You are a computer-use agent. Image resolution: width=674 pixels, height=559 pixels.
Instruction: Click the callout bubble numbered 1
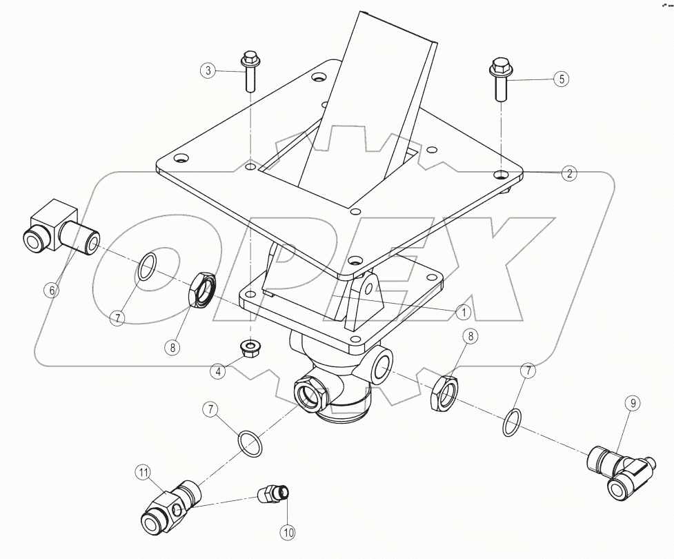point(464,312)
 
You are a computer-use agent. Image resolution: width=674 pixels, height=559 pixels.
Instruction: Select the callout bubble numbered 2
point(568,173)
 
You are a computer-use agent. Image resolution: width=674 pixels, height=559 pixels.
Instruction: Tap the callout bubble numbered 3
point(208,70)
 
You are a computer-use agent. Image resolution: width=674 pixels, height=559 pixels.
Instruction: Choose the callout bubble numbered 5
point(562,79)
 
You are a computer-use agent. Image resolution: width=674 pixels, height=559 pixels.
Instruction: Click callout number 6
point(51,290)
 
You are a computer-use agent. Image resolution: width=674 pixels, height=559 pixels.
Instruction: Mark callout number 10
point(286,531)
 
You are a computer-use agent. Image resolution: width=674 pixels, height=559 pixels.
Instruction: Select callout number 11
point(143,472)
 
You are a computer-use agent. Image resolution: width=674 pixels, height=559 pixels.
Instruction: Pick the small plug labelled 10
point(272,494)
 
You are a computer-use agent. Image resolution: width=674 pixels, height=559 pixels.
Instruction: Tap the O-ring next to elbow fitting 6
point(148,267)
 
